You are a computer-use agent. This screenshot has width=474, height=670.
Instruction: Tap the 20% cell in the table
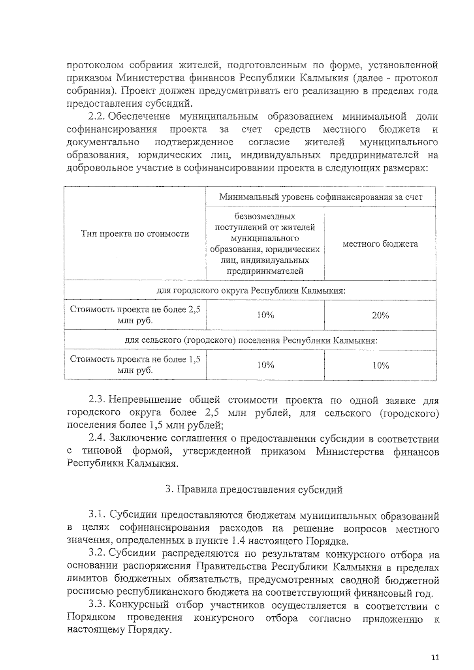[x=380, y=315]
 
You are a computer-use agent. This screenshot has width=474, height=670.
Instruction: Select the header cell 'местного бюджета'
[x=380, y=244]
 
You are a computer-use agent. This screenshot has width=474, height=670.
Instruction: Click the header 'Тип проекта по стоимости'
[x=135, y=233]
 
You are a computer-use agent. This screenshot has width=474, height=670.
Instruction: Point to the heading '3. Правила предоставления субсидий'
[x=254, y=490]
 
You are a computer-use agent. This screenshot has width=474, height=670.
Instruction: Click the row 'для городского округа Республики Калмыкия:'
[x=250, y=291]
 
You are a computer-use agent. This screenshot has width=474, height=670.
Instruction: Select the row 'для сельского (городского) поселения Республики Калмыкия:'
[x=250, y=340]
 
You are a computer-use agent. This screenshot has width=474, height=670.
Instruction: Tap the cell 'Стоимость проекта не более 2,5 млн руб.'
[x=135, y=315]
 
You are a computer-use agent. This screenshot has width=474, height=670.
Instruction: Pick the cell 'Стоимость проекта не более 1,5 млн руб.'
[x=135, y=364]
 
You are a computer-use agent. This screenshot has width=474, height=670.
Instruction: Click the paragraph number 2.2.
[x=96, y=116]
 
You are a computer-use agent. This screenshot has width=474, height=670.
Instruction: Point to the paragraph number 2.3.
[x=96, y=400]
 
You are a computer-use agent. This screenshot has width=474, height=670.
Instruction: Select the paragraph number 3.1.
[x=96, y=514]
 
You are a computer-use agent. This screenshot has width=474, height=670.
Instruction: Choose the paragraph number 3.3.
[x=96, y=604]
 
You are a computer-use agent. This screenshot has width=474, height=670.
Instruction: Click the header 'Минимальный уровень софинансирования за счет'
[x=321, y=197]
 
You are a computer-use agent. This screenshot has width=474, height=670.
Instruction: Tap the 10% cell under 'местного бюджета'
[x=380, y=365]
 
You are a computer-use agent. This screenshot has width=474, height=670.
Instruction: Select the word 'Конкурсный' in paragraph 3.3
[x=138, y=604]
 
